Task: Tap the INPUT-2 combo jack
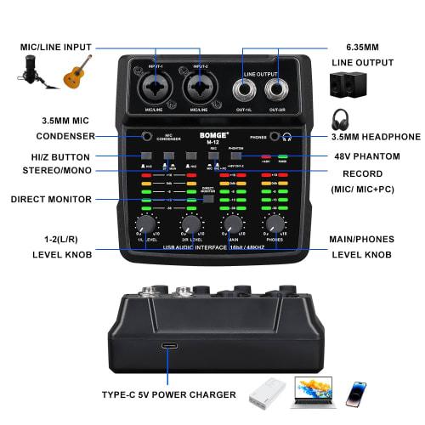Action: tap(201, 90)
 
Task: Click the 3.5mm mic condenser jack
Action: tap(146, 135)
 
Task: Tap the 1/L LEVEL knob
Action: tap(146, 224)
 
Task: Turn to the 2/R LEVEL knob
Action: tap(190, 224)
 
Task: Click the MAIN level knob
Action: tap(231, 224)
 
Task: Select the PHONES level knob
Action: tap(274, 224)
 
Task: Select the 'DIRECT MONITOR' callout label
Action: tap(50, 200)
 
